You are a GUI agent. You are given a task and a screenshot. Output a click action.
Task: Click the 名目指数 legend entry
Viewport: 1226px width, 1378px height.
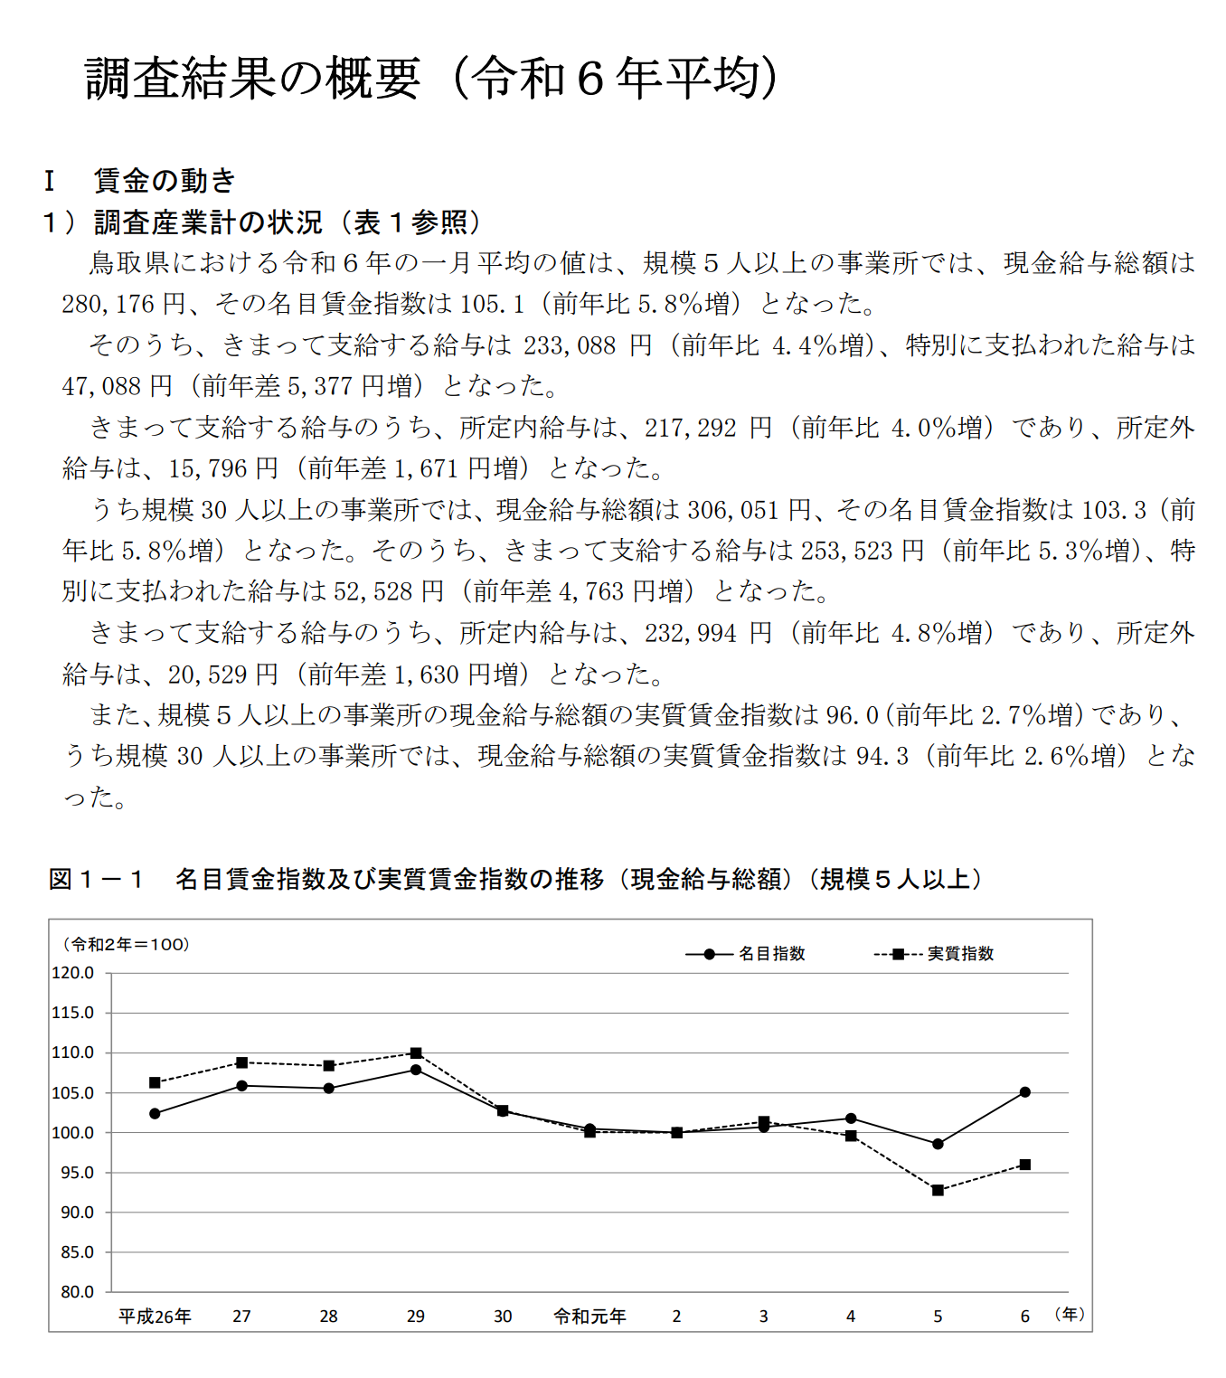[771, 954]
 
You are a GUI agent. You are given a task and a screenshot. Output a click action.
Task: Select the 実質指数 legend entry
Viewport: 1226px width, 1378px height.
[960, 954]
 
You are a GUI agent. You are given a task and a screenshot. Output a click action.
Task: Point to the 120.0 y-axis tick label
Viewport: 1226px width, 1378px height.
[73, 973]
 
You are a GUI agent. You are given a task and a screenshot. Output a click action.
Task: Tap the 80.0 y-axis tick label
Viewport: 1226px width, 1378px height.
[77, 1292]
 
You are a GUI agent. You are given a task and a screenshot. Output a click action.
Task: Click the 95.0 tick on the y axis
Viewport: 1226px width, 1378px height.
[77, 1173]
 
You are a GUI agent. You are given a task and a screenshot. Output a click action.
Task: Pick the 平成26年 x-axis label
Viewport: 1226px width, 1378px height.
[155, 1317]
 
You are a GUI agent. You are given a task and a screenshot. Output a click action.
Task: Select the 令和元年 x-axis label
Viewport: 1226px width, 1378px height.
[589, 1317]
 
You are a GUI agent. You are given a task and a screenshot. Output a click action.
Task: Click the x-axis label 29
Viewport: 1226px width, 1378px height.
[416, 1317]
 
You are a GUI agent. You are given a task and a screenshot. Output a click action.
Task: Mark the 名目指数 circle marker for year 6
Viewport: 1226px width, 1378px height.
[1025, 1092]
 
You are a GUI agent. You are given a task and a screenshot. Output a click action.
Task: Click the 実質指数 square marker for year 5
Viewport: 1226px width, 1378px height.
[938, 1190]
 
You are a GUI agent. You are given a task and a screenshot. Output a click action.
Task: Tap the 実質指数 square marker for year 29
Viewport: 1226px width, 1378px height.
[416, 1053]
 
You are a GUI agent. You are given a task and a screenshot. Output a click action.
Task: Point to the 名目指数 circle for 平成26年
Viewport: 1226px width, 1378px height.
[155, 1114]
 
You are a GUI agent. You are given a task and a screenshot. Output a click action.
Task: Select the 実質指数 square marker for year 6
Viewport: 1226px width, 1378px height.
[1025, 1165]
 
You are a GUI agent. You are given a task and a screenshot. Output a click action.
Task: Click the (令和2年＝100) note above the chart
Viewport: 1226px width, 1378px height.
[125, 945]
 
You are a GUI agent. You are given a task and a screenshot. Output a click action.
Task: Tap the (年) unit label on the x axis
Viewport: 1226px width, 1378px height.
[1070, 1314]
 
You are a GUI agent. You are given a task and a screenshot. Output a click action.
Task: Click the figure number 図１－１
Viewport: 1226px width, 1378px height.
[96, 879]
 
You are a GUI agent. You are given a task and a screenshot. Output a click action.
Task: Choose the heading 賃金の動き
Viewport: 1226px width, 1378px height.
[165, 181]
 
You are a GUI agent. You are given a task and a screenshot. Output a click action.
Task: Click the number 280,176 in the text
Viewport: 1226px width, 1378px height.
[108, 304]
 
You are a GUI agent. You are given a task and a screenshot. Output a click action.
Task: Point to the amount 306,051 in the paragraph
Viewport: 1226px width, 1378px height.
[732, 510]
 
